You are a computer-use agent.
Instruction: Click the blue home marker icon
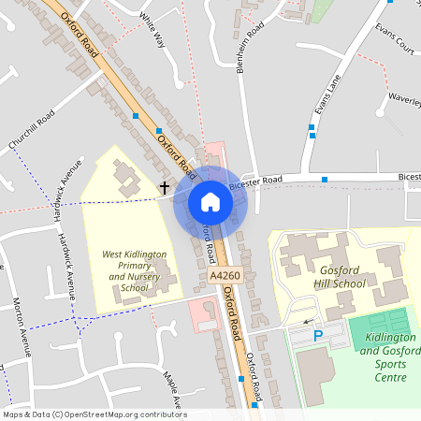point(210,202)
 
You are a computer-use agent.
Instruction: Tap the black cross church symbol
point(165,187)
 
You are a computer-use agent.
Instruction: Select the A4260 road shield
point(225,276)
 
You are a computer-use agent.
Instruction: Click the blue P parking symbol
point(317,335)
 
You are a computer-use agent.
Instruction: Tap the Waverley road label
point(404,96)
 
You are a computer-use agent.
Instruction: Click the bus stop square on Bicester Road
point(325,178)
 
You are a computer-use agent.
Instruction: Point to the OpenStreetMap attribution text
point(94,414)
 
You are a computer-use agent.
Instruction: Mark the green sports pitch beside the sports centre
point(379,327)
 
